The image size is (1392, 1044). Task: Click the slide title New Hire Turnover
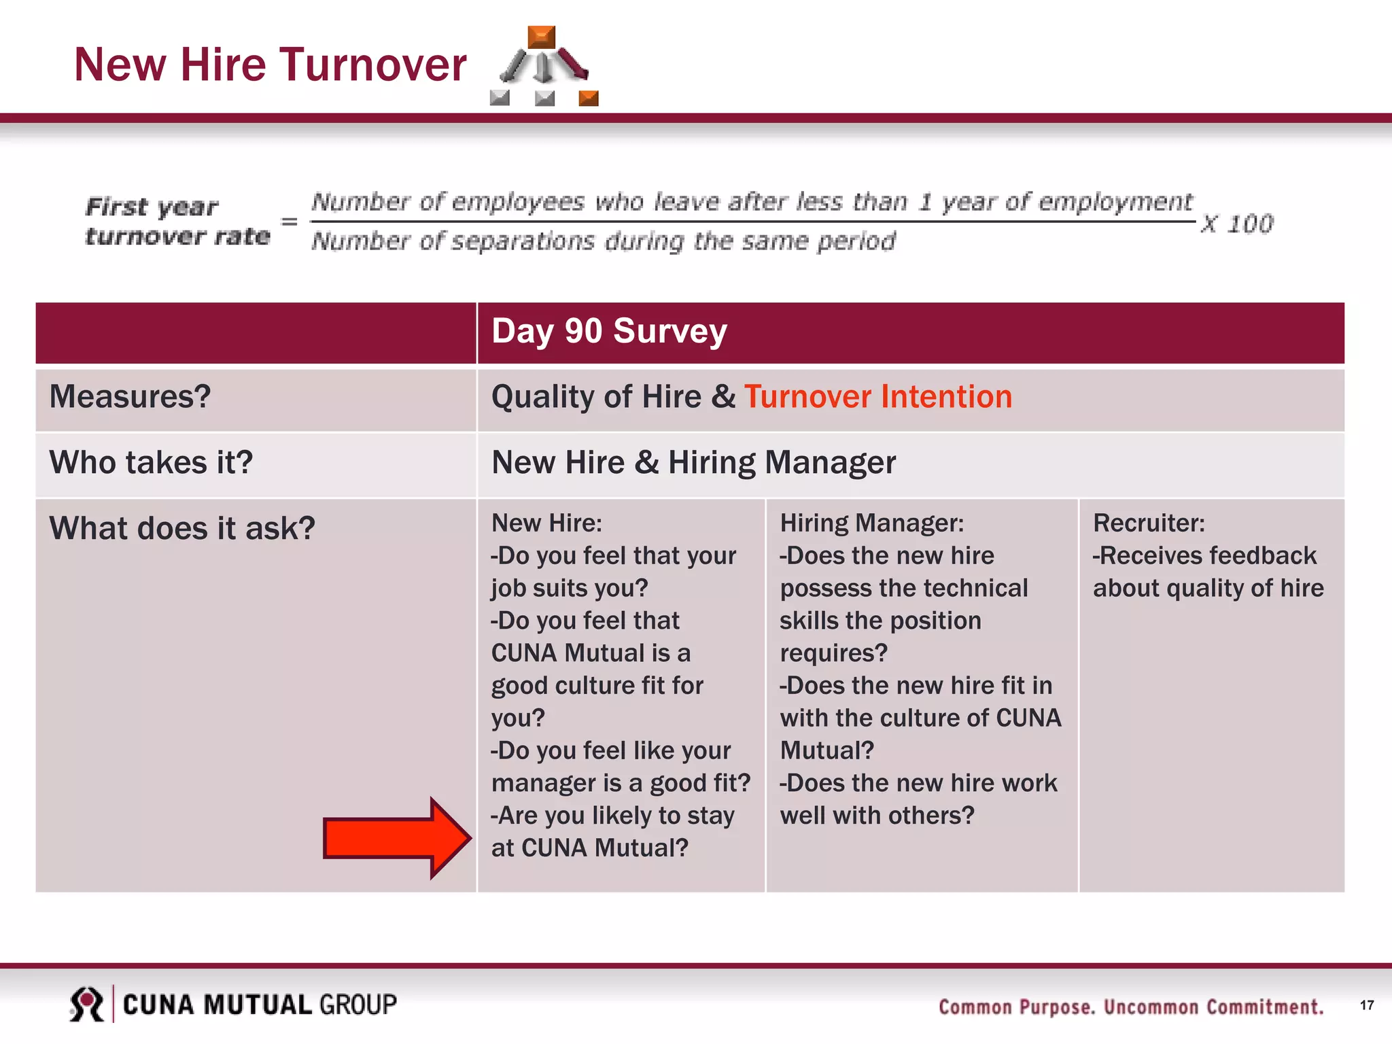tap(270, 65)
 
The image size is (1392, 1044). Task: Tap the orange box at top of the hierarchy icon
tap(541, 37)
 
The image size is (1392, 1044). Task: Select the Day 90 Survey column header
tap(609, 332)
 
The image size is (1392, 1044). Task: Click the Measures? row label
tap(130, 397)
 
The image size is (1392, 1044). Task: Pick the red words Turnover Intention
tap(877, 397)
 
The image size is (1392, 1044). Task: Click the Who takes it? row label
tap(151, 463)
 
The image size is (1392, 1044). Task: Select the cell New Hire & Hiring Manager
tap(693, 463)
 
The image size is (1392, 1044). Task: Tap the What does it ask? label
tap(182, 529)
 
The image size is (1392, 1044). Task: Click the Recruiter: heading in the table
tap(1149, 523)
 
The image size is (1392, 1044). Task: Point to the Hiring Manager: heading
tap(871, 523)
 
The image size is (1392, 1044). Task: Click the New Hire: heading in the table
tap(546, 523)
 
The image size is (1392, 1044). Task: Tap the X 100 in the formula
tap(1236, 224)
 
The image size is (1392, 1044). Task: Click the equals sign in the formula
tap(290, 222)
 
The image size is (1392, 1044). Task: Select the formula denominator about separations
tap(603, 241)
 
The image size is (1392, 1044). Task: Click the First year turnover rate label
tap(177, 222)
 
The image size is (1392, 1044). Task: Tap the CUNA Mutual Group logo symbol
tap(87, 1004)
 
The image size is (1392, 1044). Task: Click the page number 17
tap(1367, 1005)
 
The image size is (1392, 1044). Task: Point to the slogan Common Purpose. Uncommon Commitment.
tap(1131, 1007)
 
